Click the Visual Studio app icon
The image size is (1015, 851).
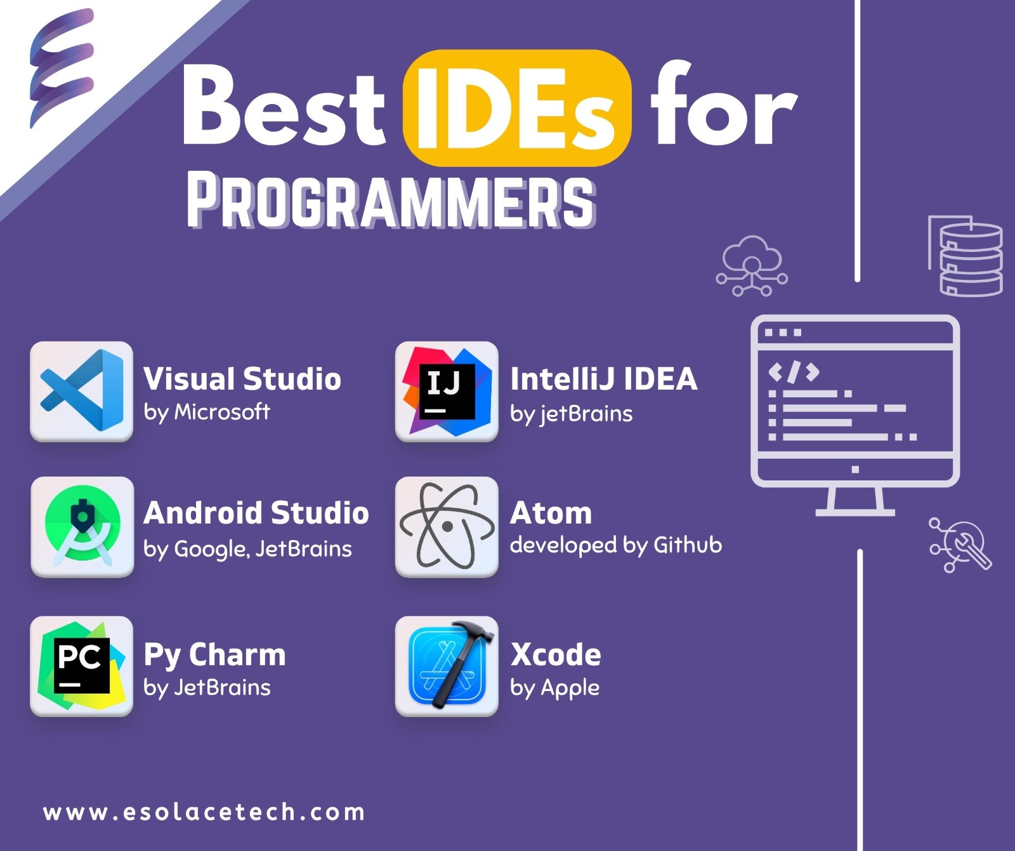(x=82, y=391)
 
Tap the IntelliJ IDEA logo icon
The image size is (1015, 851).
(x=447, y=391)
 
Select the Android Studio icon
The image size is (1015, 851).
(x=82, y=527)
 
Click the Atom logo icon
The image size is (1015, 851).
(x=447, y=527)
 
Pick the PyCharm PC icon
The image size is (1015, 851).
(x=82, y=666)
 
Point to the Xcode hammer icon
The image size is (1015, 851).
(x=447, y=666)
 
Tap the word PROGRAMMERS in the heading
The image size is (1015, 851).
(x=391, y=201)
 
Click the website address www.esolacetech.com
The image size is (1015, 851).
(x=204, y=812)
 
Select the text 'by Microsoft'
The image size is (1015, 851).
(x=207, y=412)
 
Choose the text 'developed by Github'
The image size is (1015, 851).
(x=616, y=545)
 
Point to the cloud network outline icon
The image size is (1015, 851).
(x=752, y=266)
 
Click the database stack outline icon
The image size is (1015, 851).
(x=966, y=256)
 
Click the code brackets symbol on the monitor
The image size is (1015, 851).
(x=793, y=373)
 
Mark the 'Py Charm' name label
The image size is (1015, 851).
(x=214, y=655)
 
